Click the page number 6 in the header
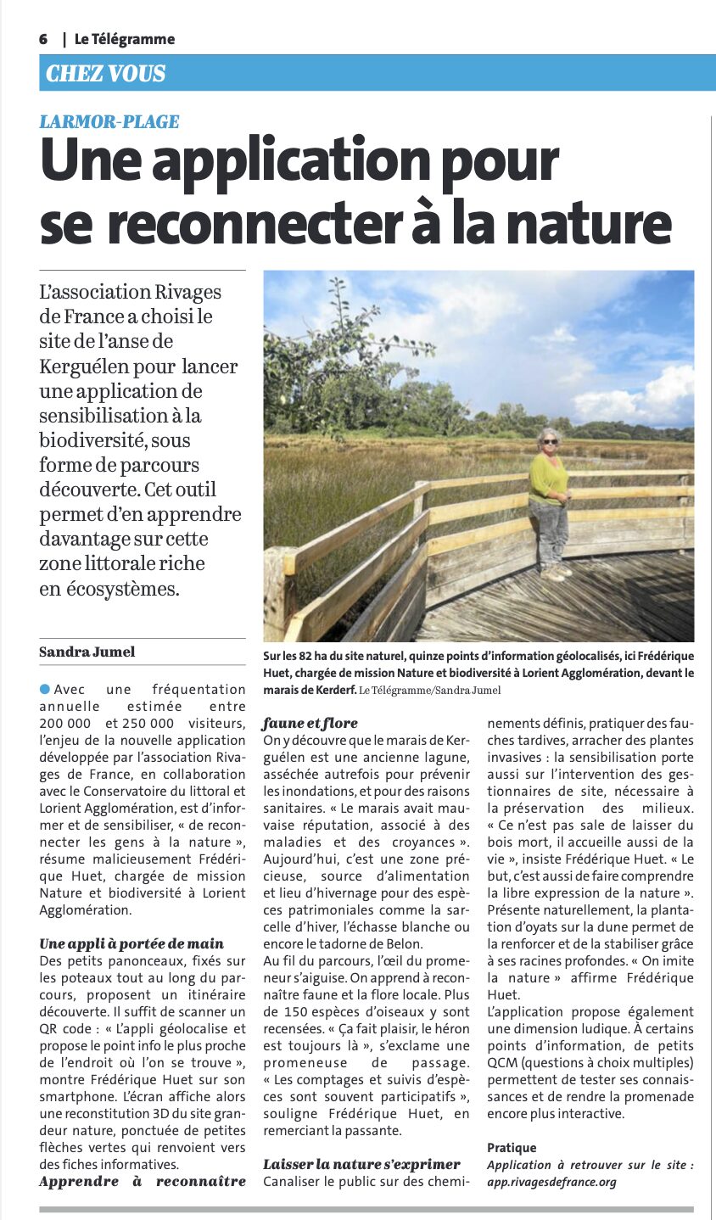(x=43, y=39)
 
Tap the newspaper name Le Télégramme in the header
(x=124, y=39)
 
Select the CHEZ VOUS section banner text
(x=105, y=74)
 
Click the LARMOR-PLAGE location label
(x=109, y=121)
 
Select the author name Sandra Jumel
(x=87, y=652)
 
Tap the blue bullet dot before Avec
(x=44, y=689)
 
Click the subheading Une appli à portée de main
(x=131, y=943)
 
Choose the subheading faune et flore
(x=310, y=723)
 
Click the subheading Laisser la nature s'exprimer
(x=361, y=1164)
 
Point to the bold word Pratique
(x=512, y=1148)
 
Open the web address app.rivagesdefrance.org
(x=551, y=1182)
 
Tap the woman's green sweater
(x=548, y=478)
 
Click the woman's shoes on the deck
(x=555, y=573)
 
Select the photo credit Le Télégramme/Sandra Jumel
(x=429, y=690)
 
